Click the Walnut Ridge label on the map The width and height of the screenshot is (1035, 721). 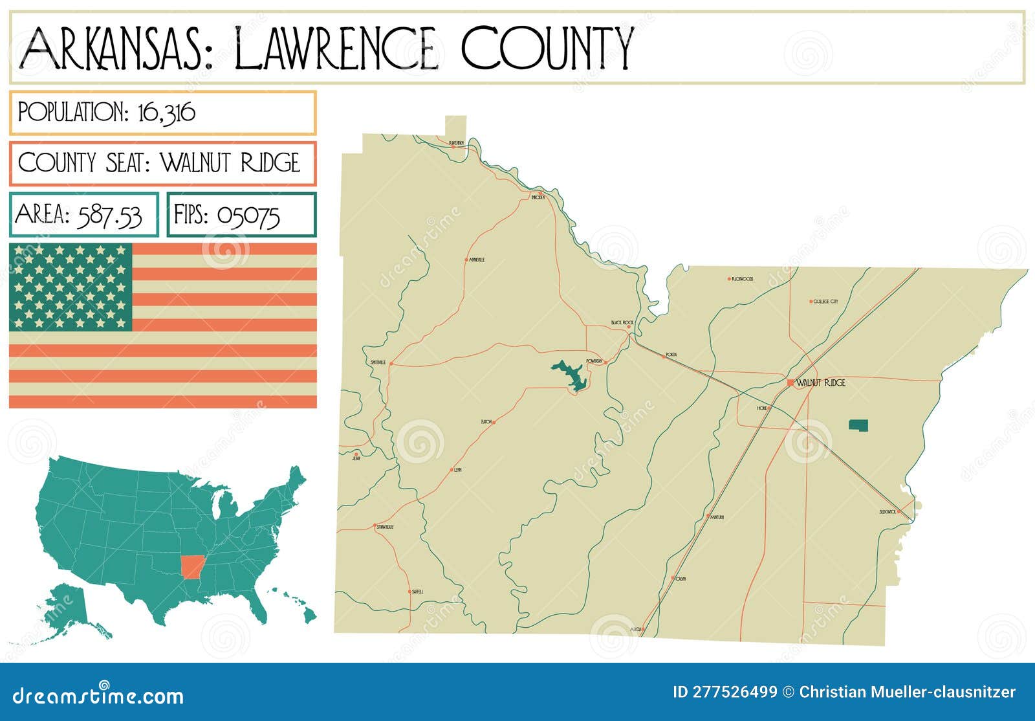821,383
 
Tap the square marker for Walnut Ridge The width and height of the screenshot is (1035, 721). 790,383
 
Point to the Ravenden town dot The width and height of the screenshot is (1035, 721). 453,147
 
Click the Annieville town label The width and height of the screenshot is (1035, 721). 477,260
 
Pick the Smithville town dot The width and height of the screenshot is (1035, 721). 391,363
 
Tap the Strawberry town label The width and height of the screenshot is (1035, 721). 385,527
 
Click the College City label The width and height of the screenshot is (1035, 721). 825,302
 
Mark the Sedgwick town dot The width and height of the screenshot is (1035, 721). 899,512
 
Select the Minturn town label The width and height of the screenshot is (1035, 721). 717,517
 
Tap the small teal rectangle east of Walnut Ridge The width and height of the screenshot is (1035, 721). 858,425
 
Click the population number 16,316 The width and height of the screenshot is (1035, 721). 166,113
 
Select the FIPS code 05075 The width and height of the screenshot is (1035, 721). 248,216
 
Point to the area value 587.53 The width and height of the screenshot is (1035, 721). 109,216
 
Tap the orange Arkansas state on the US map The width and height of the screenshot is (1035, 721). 191,566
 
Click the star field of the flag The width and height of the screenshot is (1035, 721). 71,287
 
